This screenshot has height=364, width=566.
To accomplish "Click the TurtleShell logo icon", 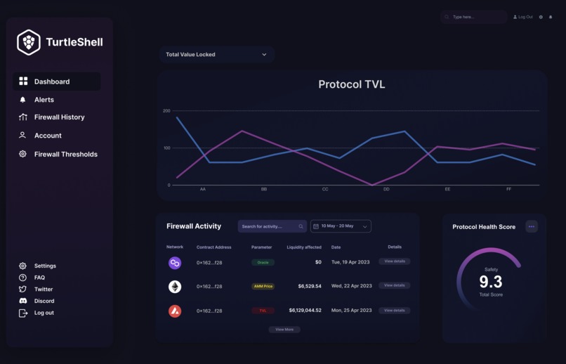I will coord(29,42).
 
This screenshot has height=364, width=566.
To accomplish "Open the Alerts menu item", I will coord(44,100).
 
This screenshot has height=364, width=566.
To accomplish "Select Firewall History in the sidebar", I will coord(59,117).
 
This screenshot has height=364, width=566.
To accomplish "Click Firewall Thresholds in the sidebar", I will coord(65,154).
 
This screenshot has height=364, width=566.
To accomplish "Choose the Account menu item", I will coord(48,136).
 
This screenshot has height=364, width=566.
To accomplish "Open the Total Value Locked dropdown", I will coord(216,54).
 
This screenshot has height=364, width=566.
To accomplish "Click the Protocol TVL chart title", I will coord(351,84).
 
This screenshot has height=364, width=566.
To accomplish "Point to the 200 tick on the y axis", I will coord(166,111).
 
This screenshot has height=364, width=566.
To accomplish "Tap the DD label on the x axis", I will coord(386,189).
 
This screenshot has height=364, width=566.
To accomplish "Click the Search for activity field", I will coord(271,226).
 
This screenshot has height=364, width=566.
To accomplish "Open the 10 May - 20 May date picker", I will coord(341,226).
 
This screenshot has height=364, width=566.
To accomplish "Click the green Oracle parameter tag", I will coord(263,262).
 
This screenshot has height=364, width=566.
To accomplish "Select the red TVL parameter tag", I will coord(263,311).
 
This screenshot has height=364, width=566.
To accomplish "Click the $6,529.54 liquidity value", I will coord(310,286).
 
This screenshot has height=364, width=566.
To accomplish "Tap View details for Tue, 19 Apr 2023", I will coord(395,261).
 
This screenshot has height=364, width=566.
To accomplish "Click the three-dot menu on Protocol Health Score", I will coord(532,226).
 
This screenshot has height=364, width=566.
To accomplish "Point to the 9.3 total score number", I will coord(491,282).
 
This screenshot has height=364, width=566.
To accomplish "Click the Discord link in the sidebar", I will coord(44,301).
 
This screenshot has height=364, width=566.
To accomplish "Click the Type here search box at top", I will coord(474,17).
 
